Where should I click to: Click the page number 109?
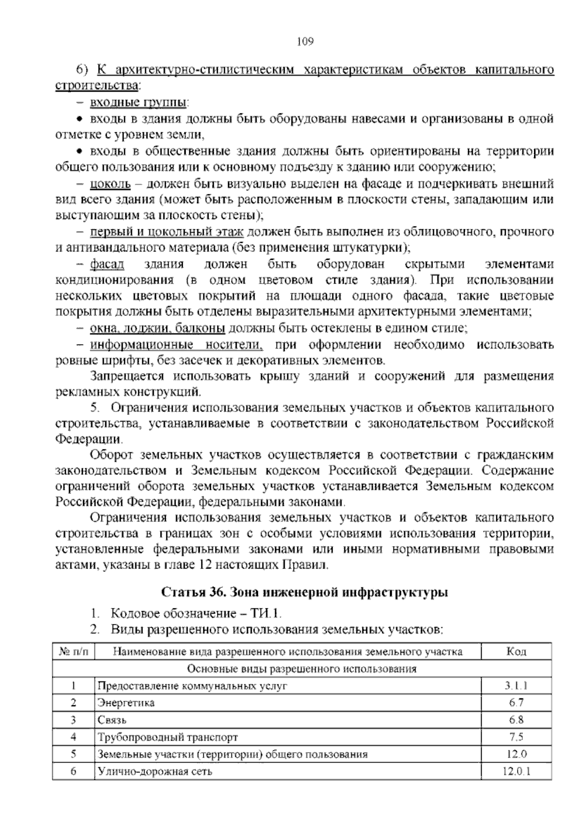[x=306, y=41]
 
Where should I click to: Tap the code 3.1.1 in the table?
[x=516, y=685]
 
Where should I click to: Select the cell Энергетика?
[x=126, y=702]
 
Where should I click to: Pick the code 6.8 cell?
[x=516, y=720]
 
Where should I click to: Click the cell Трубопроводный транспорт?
[x=168, y=737]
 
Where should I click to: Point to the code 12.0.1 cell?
[x=516, y=771]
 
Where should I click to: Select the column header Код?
[x=516, y=651]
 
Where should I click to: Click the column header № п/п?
[x=73, y=651]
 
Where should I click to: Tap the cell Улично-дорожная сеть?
[x=155, y=771]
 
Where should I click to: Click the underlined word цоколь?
[x=110, y=184]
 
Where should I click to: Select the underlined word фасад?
[x=107, y=264]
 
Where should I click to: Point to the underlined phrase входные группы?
[x=139, y=103]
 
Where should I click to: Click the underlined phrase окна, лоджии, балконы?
[x=157, y=329]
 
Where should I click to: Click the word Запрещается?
[x=127, y=376]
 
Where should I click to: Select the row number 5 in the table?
[x=73, y=754]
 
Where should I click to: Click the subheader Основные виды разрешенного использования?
[x=302, y=669]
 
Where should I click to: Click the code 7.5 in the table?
[x=516, y=737]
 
